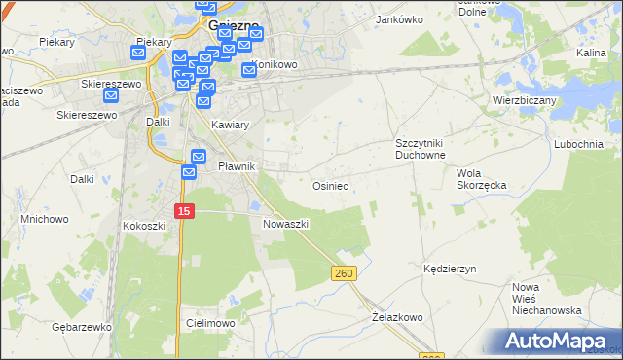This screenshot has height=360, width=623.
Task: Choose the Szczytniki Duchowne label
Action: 420,149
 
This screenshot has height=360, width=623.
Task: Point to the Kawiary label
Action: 231,126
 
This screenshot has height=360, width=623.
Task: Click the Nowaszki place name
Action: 286,224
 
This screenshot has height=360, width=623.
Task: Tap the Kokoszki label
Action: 144,225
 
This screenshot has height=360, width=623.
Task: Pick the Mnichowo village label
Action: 45,219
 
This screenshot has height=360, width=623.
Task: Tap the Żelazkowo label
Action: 397,317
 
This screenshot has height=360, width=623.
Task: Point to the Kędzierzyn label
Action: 449,267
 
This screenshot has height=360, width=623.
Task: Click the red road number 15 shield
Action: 186,210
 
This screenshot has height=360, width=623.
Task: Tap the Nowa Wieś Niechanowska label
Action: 546,299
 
